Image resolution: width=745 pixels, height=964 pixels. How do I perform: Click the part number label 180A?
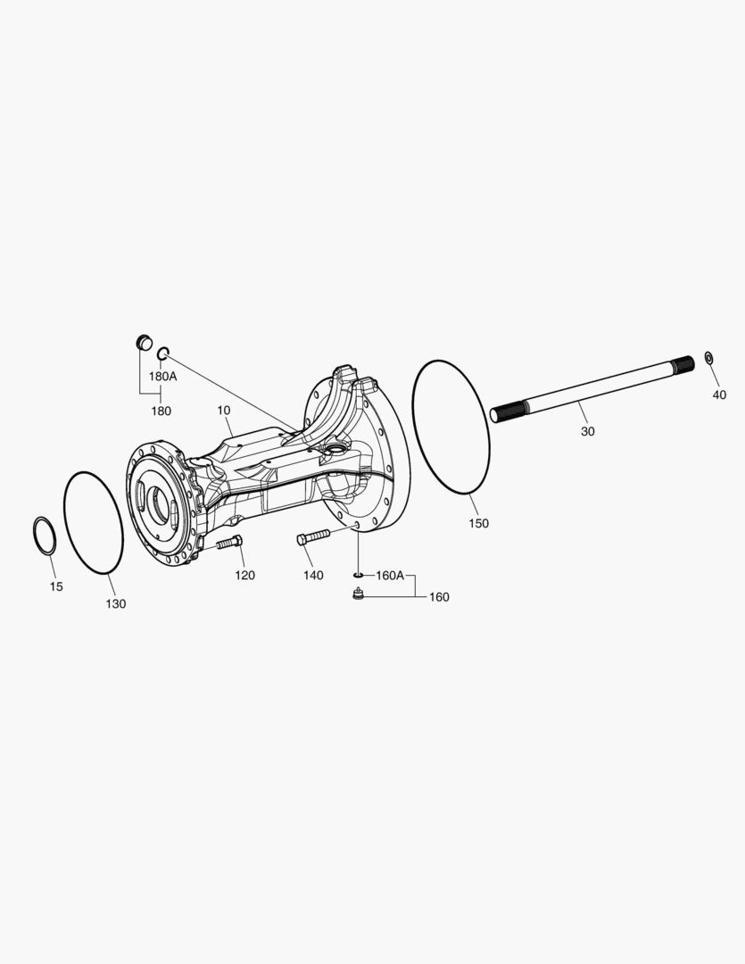pyautogui.click(x=162, y=376)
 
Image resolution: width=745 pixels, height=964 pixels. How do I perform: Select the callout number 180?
pyautogui.click(x=161, y=411)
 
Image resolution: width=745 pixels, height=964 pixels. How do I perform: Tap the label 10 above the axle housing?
pyautogui.click(x=223, y=410)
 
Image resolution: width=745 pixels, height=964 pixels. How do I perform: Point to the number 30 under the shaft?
pyautogui.click(x=587, y=431)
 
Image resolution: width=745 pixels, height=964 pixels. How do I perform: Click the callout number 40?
pyautogui.click(x=719, y=395)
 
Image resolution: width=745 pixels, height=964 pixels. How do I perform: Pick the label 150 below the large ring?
pyautogui.click(x=478, y=523)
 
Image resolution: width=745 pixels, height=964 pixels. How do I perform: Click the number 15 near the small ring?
pyautogui.click(x=56, y=586)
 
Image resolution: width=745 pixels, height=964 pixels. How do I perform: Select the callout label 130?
pyautogui.click(x=116, y=603)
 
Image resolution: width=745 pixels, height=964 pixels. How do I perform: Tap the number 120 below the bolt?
pyautogui.click(x=244, y=575)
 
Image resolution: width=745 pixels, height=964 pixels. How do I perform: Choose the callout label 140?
pyautogui.click(x=312, y=575)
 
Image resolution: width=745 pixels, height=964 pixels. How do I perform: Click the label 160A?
pyautogui.click(x=390, y=576)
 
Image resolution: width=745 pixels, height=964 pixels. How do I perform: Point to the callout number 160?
pyautogui.click(x=439, y=596)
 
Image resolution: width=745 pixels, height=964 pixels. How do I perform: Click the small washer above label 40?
pyautogui.click(x=708, y=358)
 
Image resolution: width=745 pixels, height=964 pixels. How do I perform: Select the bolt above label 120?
pyautogui.click(x=228, y=543)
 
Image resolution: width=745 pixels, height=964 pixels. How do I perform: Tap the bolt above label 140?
pyautogui.click(x=312, y=537)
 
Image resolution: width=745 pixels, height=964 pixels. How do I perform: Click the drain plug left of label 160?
pyautogui.click(x=359, y=594)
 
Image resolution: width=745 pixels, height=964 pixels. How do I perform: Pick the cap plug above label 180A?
pyautogui.click(x=142, y=342)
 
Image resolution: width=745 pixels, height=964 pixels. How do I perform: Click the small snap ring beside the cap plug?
pyautogui.click(x=162, y=355)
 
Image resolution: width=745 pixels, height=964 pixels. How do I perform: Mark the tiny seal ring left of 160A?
pyautogui.click(x=358, y=576)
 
